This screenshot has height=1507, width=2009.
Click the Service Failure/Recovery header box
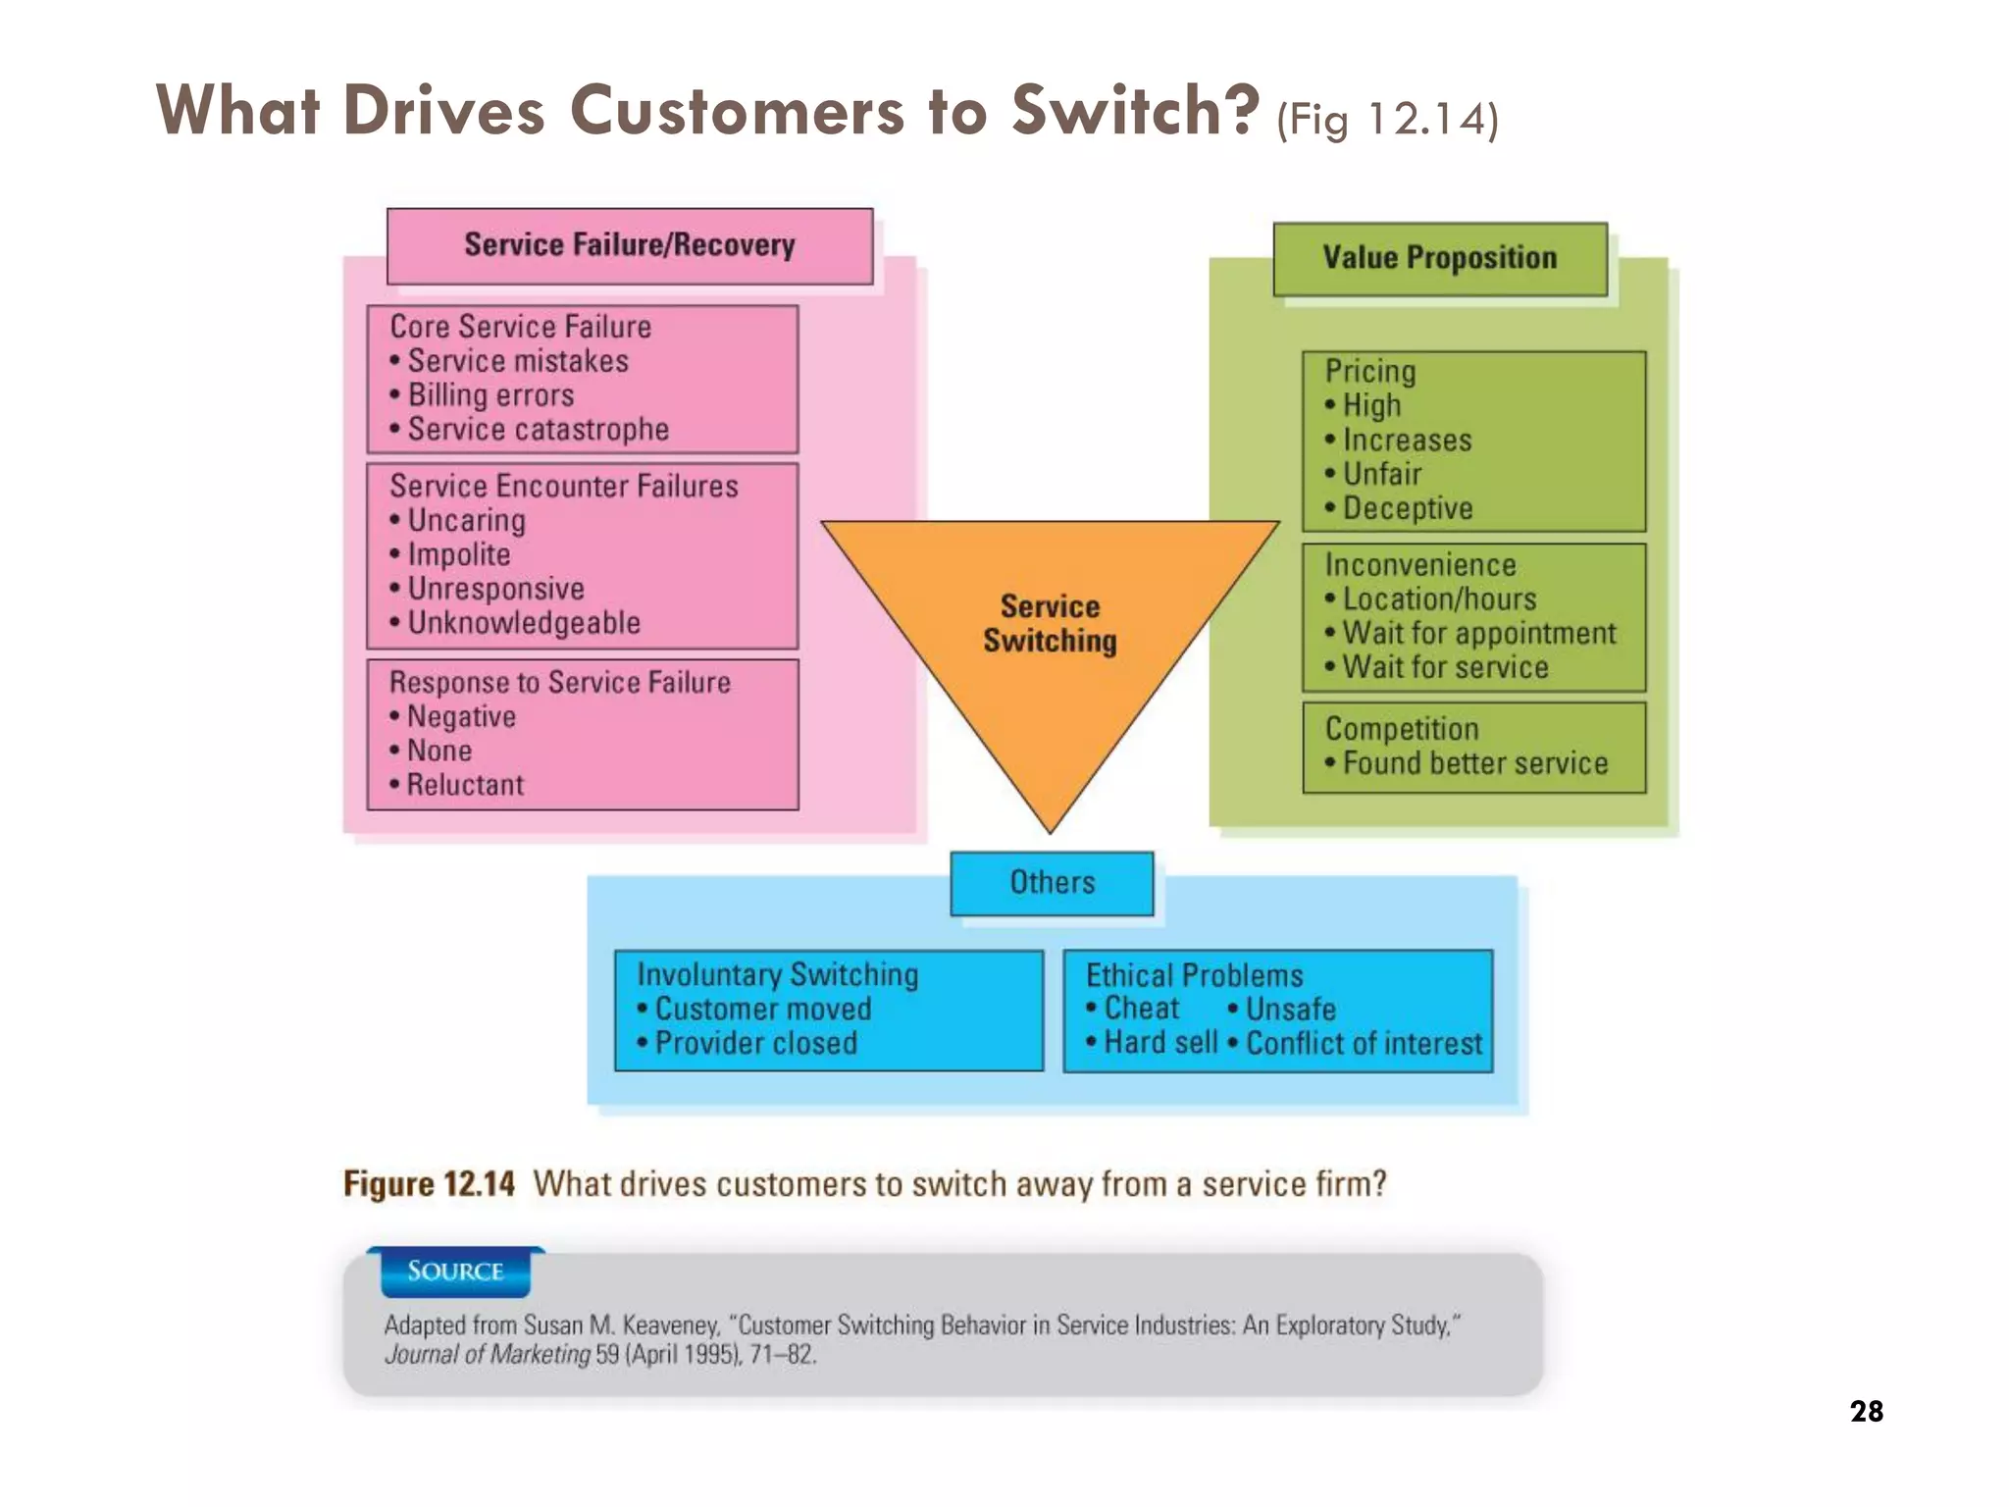629,245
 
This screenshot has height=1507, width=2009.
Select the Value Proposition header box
1439,258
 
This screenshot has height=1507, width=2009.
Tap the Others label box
1052,882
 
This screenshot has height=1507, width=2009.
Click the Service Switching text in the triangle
1050,624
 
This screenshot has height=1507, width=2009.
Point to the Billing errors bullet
490,395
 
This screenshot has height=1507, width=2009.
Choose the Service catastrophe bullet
538,430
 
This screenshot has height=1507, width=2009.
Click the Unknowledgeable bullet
524,623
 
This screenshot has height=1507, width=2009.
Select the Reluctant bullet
465,785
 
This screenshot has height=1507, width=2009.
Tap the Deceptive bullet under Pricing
1407,508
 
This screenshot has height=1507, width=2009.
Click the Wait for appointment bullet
1478,634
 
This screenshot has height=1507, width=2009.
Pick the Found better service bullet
1474,763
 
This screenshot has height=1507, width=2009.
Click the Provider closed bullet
755,1043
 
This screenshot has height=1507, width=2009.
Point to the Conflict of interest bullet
1364,1043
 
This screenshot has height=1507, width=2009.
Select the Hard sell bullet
1159,1042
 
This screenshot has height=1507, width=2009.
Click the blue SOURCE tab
455,1272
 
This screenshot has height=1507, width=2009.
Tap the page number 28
1866,1411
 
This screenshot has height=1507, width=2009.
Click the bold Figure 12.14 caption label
429,1184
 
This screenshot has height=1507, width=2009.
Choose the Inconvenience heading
1419,565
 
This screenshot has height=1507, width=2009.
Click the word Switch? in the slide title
1135,110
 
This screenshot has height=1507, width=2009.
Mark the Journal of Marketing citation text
488,1355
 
